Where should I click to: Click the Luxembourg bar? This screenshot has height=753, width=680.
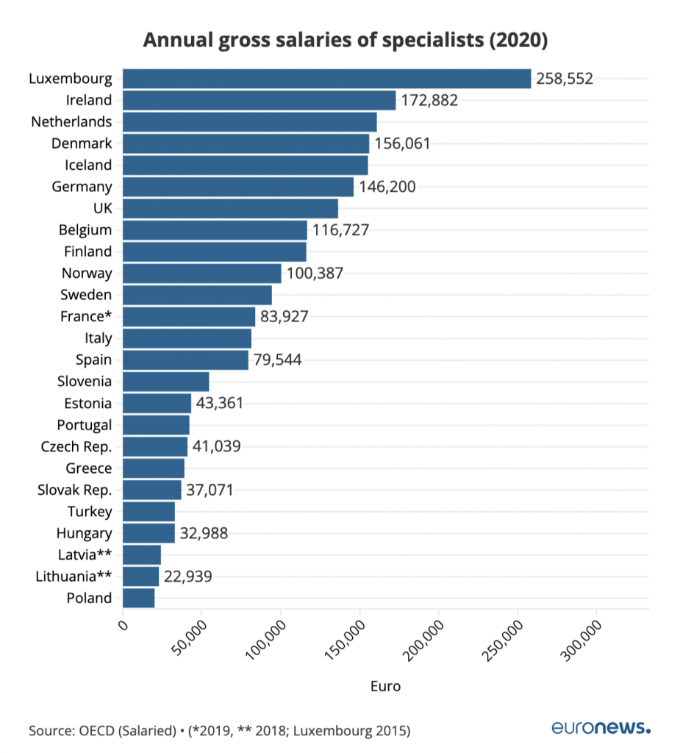326,79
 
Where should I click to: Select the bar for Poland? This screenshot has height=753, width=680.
139,598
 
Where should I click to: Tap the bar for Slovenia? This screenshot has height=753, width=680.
166,381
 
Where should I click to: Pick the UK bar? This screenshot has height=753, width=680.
230,208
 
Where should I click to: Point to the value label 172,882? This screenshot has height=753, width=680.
429,100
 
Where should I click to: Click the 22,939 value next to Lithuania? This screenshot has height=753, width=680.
188,577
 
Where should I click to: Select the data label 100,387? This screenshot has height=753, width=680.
315,274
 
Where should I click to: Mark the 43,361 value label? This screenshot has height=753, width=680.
219,403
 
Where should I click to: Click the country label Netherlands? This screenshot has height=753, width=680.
71,121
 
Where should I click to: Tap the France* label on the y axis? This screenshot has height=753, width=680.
86,317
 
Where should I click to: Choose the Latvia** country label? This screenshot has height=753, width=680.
85,554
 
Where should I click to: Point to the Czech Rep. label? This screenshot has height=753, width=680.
77,446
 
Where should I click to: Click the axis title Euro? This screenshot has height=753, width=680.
385,687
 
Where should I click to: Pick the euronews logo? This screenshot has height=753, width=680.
601,728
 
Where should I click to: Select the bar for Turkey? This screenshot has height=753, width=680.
148,511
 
